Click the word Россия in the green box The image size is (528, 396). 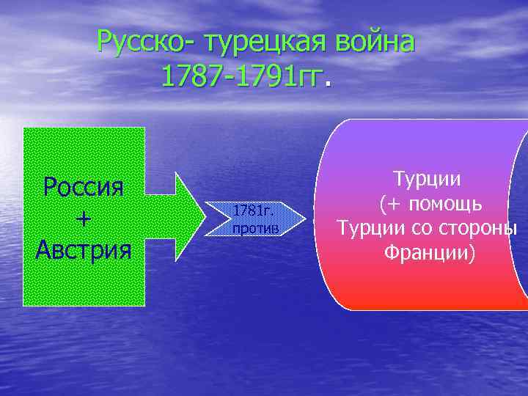tap(83, 187)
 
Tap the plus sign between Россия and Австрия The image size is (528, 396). tap(83, 219)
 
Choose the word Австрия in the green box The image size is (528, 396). tap(83, 249)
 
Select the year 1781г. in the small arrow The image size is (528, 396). tap(254, 211)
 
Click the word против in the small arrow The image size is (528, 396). tap(255, 228)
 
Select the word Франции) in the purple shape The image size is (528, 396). tap(428, 254)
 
